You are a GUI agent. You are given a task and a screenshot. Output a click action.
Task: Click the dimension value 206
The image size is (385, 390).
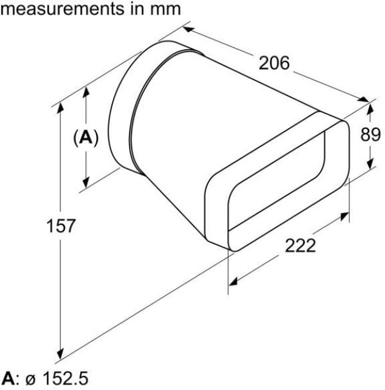[275, 63]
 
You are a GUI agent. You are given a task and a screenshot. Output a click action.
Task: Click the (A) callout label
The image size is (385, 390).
[85, 137]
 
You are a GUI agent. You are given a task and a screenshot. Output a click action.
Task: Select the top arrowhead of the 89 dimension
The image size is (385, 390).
[369, 105]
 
